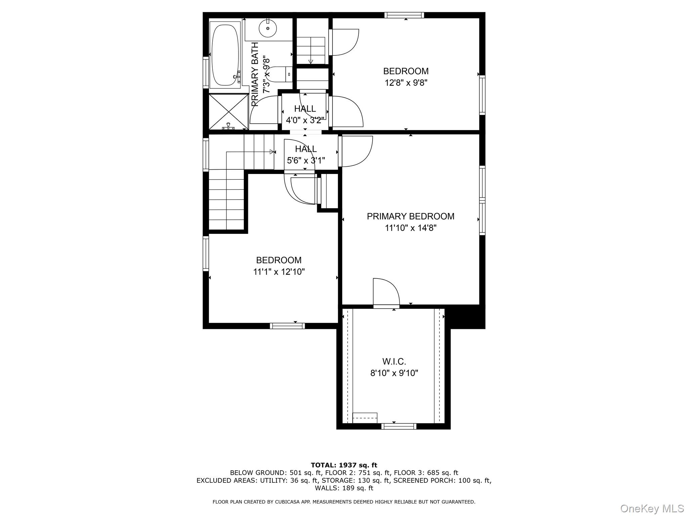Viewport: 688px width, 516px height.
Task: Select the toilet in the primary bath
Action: tap(281, 74)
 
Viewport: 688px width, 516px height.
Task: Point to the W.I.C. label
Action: tap(394, 362)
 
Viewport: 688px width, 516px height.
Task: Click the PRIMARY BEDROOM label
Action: tap(411, 216)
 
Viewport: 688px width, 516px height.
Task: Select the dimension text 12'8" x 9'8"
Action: tap(406, 83)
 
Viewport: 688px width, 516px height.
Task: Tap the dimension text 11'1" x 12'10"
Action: tap(279, 272)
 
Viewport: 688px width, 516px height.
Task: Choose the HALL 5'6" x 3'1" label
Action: tap(306, 155)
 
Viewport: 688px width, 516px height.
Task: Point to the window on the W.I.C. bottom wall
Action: tap(399, 426)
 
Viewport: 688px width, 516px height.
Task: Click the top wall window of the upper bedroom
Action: tap(404, 15)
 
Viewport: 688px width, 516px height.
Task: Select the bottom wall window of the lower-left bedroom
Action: tap(287, 326)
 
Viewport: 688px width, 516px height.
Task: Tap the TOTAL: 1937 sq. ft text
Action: tap(344, 465)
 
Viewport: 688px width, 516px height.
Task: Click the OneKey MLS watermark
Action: tap(652, 509)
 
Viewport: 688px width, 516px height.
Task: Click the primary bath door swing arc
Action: tap(264, 109)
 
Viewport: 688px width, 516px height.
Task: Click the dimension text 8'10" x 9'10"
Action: tap(394, 373)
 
